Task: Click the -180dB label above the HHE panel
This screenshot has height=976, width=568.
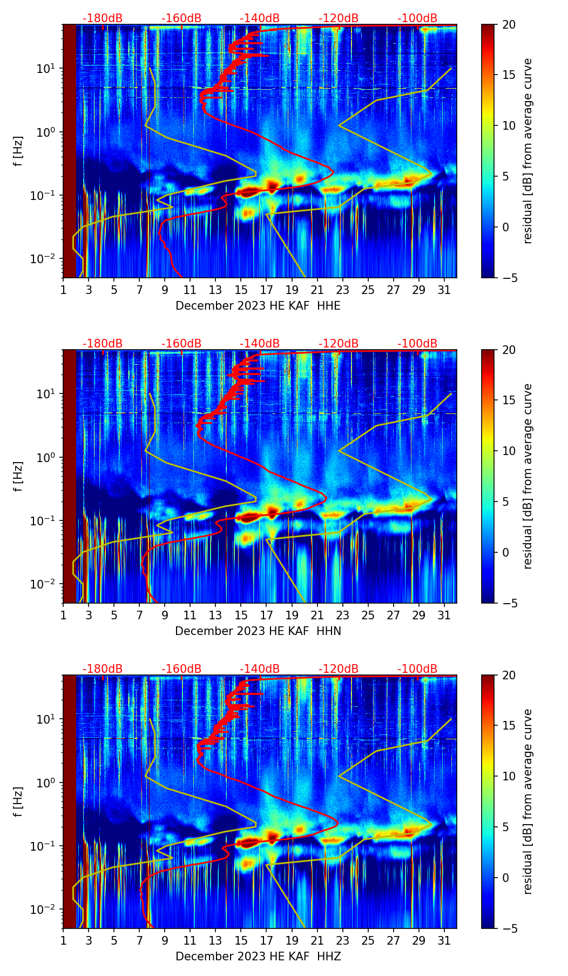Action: (103, 18)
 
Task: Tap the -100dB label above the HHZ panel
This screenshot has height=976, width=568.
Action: (417, 669)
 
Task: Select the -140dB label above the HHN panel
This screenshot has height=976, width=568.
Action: (260, 344)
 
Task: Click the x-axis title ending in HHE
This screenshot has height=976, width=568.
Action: (258, 306)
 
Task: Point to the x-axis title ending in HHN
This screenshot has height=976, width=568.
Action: (258, 631)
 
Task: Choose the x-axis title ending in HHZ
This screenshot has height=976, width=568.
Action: (258, 957)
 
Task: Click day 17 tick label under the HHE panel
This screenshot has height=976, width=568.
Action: (266, 290)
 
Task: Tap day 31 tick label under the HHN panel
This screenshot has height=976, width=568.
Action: (444, 616)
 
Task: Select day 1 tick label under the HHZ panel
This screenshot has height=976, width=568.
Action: (63, 941)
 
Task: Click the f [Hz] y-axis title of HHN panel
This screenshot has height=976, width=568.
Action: (19, 476)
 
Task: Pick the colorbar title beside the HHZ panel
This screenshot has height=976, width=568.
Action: (528, 801)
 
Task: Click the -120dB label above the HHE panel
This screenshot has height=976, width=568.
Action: (339, 18)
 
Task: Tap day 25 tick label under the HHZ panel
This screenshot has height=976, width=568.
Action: (368, 941)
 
